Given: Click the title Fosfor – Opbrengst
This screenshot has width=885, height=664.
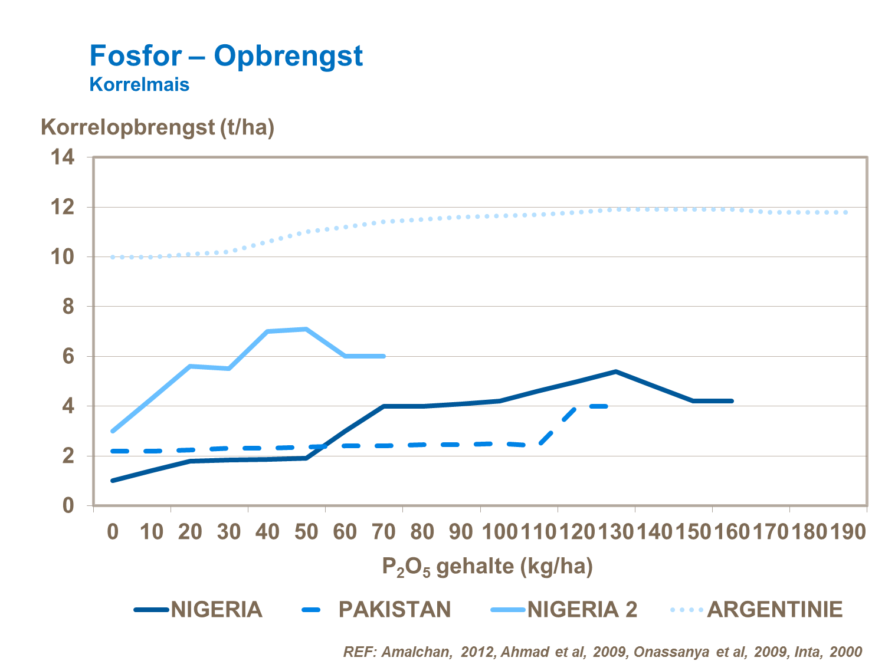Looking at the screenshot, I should click(226, 56).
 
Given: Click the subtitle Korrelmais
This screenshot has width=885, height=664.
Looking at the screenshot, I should click(139, 85).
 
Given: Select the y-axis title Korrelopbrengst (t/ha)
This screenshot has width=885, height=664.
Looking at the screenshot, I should click(158, 127).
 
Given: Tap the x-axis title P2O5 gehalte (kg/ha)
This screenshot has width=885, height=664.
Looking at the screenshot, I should click(487, 567).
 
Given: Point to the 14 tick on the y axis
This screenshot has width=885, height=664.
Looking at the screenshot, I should click(63, 157).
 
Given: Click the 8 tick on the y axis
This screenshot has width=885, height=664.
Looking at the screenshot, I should click(68, 307).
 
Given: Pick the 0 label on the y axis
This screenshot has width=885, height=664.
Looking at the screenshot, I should click(68, 505).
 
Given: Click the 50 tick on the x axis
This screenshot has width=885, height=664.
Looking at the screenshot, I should click(306, 532).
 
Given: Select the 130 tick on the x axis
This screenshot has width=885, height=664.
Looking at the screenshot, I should click(615, 532).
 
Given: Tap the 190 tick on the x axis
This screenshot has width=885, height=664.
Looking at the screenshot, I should click(848, 532).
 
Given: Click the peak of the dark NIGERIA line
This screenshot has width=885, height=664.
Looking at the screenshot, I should click(615, 372).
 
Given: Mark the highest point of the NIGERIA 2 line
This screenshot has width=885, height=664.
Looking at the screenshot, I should click(306, 329).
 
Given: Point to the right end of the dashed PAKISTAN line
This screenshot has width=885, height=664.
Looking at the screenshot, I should click(606, 406).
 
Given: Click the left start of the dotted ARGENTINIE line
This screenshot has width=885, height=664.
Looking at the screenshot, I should click(113, 257).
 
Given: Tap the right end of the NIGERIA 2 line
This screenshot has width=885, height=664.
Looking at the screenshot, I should click(384, 356).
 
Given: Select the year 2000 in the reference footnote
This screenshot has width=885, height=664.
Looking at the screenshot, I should click(845, 652).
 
